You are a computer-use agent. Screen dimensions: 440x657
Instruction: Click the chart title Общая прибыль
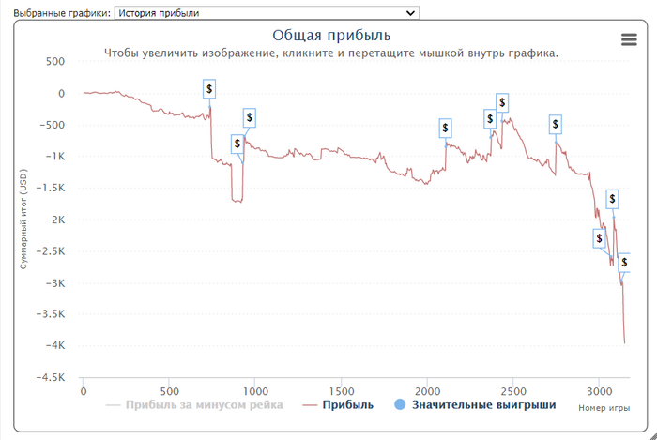pyautogui.click(x=325, y=36)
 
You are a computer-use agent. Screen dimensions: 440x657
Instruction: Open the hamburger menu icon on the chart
pyautogui.click(x=630, y=38)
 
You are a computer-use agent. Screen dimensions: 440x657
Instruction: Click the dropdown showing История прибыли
pyautogui.click(x=266, y=12)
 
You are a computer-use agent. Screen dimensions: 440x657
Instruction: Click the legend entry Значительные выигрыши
pyautogui.click(x=483, y=405)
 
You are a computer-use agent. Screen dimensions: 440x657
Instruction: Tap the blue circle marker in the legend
pyautogui.click(x=400, y=405)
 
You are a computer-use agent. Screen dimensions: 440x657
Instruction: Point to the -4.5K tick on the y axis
pyautogui.click(x=50, y=378)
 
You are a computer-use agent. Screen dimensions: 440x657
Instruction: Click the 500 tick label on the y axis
pyautogui.click(x=54, y=61)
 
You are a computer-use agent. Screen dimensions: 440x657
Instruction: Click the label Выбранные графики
pyautogui.click(x=56, y=13)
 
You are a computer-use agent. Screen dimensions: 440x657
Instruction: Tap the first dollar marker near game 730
pyautogui.click(x=209, y=88)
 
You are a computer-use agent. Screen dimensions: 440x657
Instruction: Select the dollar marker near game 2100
pyautogui.click(x=445, y=128)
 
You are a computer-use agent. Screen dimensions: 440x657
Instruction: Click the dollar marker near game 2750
pyautogui.click(x=555, y=123)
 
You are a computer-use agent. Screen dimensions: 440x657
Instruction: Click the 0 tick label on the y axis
pyautogui.click(x=61, y=93)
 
